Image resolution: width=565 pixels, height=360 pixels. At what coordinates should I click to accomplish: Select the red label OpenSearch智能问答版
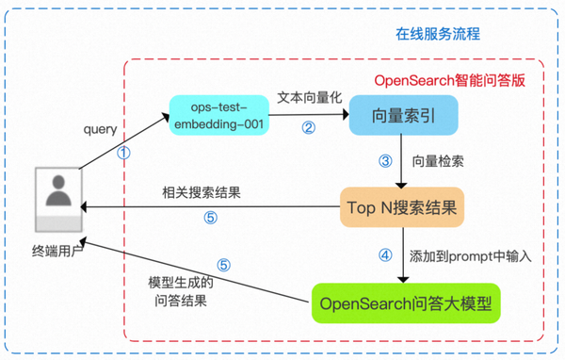click(448, 79)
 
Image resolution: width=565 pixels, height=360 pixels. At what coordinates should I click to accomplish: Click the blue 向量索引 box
click(403, 117)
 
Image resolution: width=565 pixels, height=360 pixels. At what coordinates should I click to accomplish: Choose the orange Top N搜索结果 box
click(403, 205)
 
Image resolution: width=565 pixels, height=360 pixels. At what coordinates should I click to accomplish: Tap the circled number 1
click(122, 153)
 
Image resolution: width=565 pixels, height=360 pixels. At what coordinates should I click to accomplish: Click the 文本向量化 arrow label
click(306, 98)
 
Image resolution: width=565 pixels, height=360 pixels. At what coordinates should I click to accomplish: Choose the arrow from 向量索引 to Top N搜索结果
click(403, 162)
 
